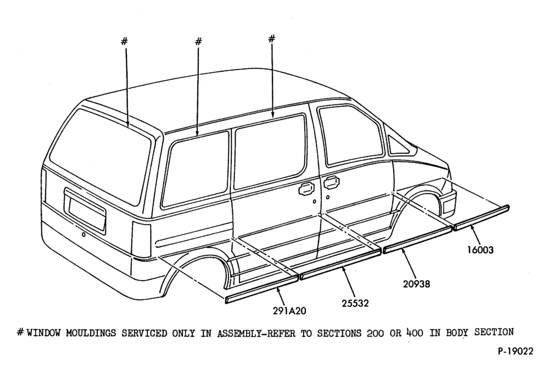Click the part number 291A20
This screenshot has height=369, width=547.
click(x=289, y=310)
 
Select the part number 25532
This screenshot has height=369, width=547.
click(x=355, y=303)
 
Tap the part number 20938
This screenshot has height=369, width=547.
click(x=416, y=284)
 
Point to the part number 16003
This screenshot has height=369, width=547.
click(x=481, y=250)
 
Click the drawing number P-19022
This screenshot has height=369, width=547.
click(x=515, y=351)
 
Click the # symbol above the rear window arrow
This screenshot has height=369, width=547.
click(x=124, y=42)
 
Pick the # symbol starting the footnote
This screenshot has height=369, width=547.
click(x=20, y=332)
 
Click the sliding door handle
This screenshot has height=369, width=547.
click(x=305, y=189)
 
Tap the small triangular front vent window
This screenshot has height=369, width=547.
click(x=397, y=144)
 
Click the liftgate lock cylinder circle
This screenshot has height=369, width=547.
click(x=83, y=234)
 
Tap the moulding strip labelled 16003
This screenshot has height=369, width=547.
click(x=482, y=217)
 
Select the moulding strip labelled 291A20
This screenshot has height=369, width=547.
click(x=262, y=289)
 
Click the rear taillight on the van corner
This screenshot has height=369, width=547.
click(x=141, y=240)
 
